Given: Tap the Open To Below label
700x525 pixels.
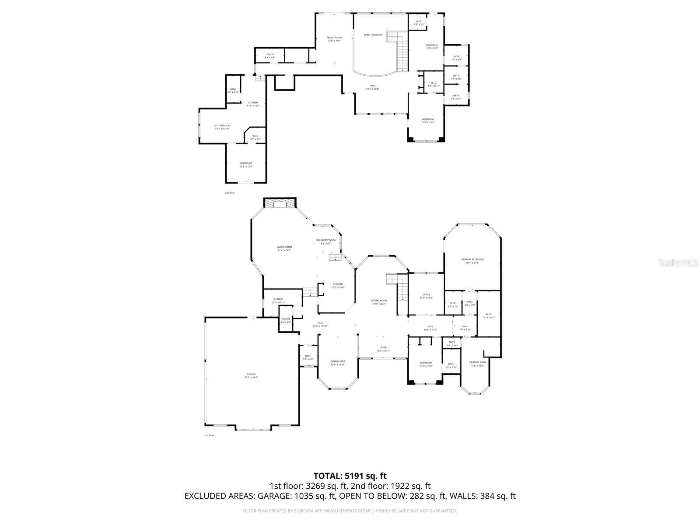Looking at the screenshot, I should point(373,35).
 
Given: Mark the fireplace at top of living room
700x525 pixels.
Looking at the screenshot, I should point(280,203).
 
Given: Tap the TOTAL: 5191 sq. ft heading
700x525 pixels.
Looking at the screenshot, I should point(350,476).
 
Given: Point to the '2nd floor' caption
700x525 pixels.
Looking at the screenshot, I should point(230,192).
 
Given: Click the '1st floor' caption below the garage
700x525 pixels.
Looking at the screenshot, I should point(210,435).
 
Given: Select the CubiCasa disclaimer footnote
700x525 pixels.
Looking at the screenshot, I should point(350,511).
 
